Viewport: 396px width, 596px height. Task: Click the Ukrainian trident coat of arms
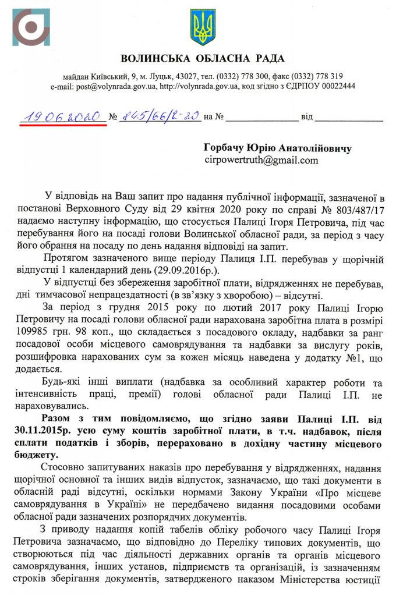(202, 27)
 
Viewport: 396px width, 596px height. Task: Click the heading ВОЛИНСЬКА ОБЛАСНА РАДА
(202, 58)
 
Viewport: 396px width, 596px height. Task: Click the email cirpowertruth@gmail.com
(261, 159)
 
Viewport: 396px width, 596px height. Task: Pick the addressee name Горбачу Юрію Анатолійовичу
(277, 148)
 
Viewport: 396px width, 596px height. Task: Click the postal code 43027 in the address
(183, 76)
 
